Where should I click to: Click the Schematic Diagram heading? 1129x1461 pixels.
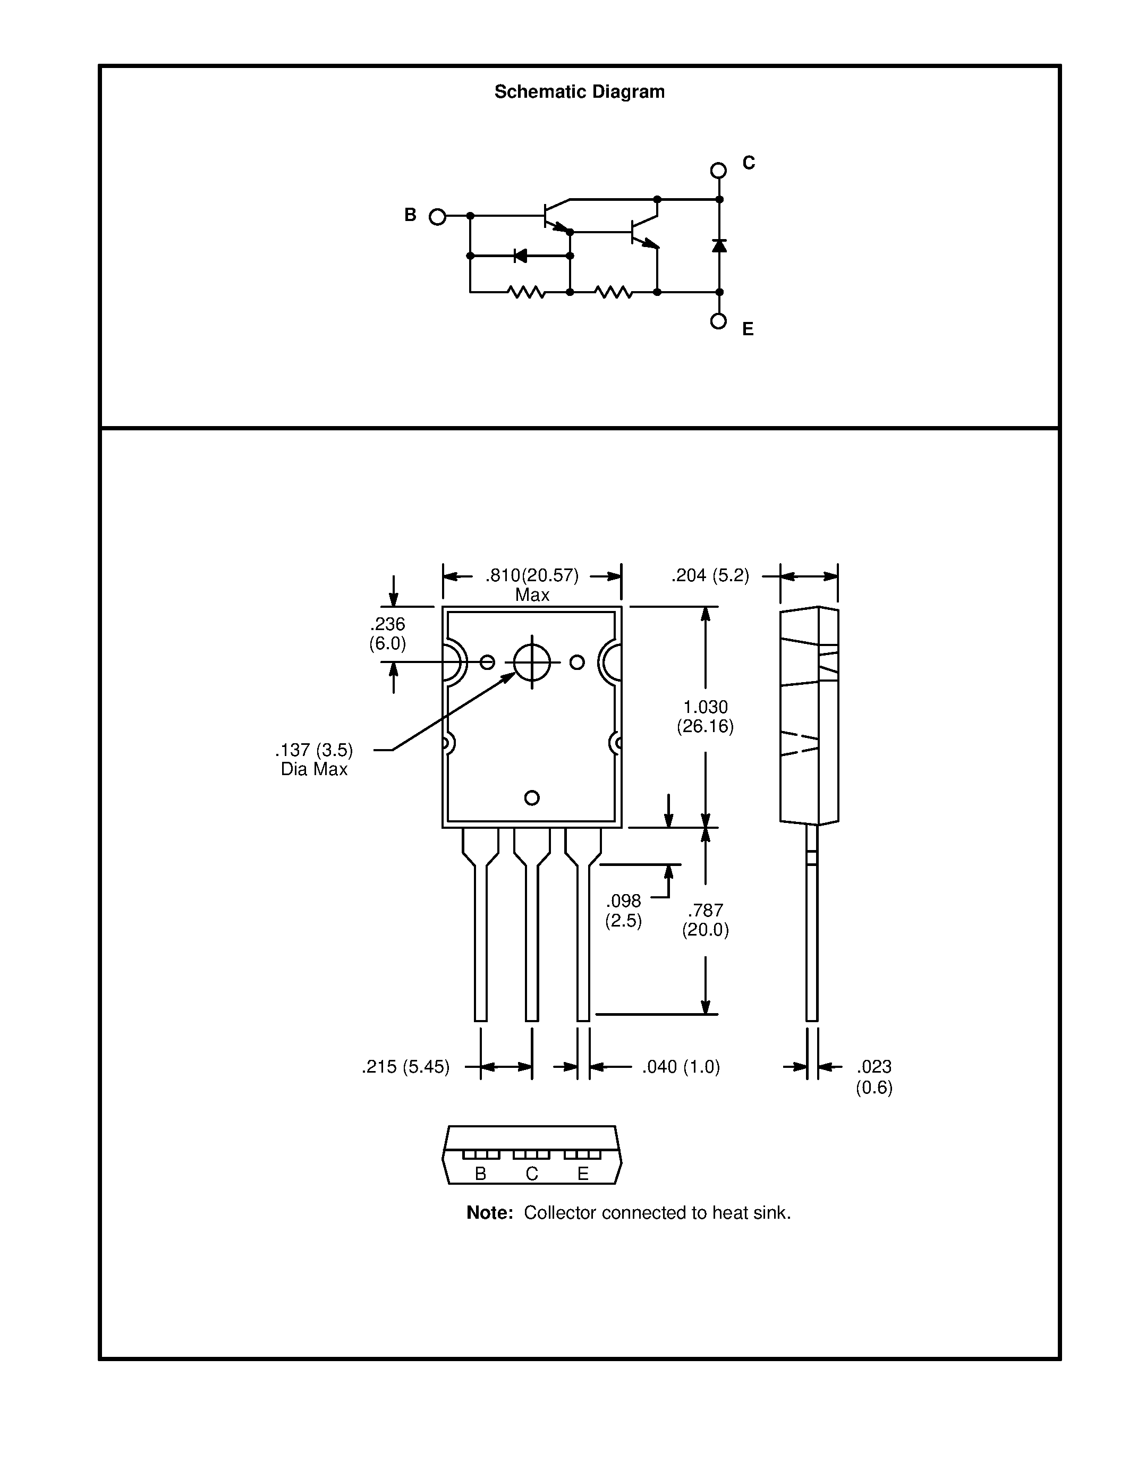[x=579, y=92]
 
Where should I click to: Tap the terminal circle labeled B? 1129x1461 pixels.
[x=437, y=217]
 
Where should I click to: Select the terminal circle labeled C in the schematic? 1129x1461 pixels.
[x=718, y=171]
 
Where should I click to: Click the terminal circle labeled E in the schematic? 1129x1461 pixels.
[x=718, y=321]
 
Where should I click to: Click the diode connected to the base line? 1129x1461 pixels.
[x=520, y=256]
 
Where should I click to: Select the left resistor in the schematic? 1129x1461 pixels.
[x=527, y=292]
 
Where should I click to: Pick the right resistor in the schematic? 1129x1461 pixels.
[x=613, y=292]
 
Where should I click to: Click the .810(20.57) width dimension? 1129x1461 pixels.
[x=532, y=576]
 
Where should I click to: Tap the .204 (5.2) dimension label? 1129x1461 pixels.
[x=710, y=576]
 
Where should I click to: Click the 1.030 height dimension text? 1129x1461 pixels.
[x=705, y=717]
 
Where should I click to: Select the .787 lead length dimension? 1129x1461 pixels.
[x=705, y=920]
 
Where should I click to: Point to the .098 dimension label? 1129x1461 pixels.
[x=623, y=911]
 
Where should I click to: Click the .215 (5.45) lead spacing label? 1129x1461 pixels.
[x=405, y=1067]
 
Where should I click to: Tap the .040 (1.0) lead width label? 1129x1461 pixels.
[x=681, y=1067]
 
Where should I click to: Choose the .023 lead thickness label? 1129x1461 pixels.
[x=874, y=1076]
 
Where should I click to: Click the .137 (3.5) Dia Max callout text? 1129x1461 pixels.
[x=313, y=759]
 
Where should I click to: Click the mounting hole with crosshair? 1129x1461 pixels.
[x=532, y=662]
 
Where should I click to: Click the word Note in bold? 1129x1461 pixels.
[x=489, y=1213]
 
